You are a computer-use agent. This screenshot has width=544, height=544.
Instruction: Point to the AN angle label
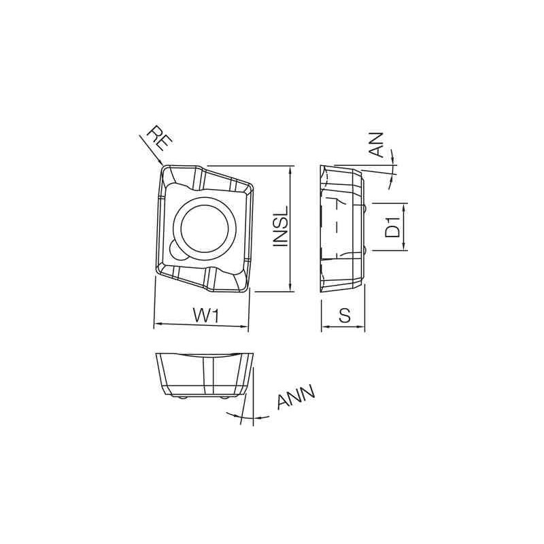coord(378,144)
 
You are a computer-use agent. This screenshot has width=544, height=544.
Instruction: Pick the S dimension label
coord(344,316)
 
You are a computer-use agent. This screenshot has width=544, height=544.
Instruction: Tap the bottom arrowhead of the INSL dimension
coord(291,288)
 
